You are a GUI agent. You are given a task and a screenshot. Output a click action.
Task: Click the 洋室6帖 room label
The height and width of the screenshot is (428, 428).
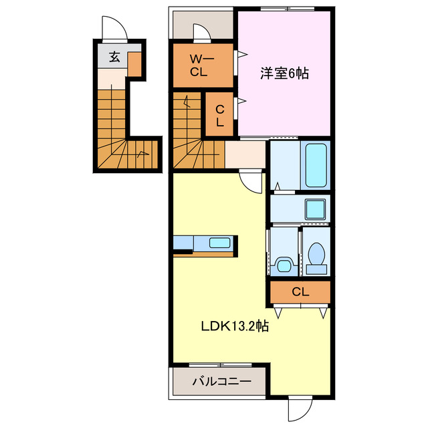[284, 74]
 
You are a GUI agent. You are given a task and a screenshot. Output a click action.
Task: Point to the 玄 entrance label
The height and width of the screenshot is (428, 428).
[114, 58]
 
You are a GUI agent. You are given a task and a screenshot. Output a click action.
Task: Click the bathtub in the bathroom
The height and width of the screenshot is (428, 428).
[316, 165]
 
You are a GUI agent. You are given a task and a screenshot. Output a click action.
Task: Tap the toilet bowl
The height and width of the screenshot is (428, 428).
[316, 254]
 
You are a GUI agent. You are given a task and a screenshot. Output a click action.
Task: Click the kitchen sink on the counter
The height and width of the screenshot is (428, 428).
[219, 243]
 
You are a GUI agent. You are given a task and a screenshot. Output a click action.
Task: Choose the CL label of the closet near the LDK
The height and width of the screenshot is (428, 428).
[301, 292]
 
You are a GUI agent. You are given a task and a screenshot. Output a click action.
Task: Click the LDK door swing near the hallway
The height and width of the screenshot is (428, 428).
[253, 181]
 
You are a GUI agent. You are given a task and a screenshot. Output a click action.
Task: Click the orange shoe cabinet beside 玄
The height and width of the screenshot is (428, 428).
[134, 64]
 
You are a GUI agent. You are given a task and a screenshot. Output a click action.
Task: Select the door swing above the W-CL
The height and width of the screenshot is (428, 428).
[200, 33]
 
